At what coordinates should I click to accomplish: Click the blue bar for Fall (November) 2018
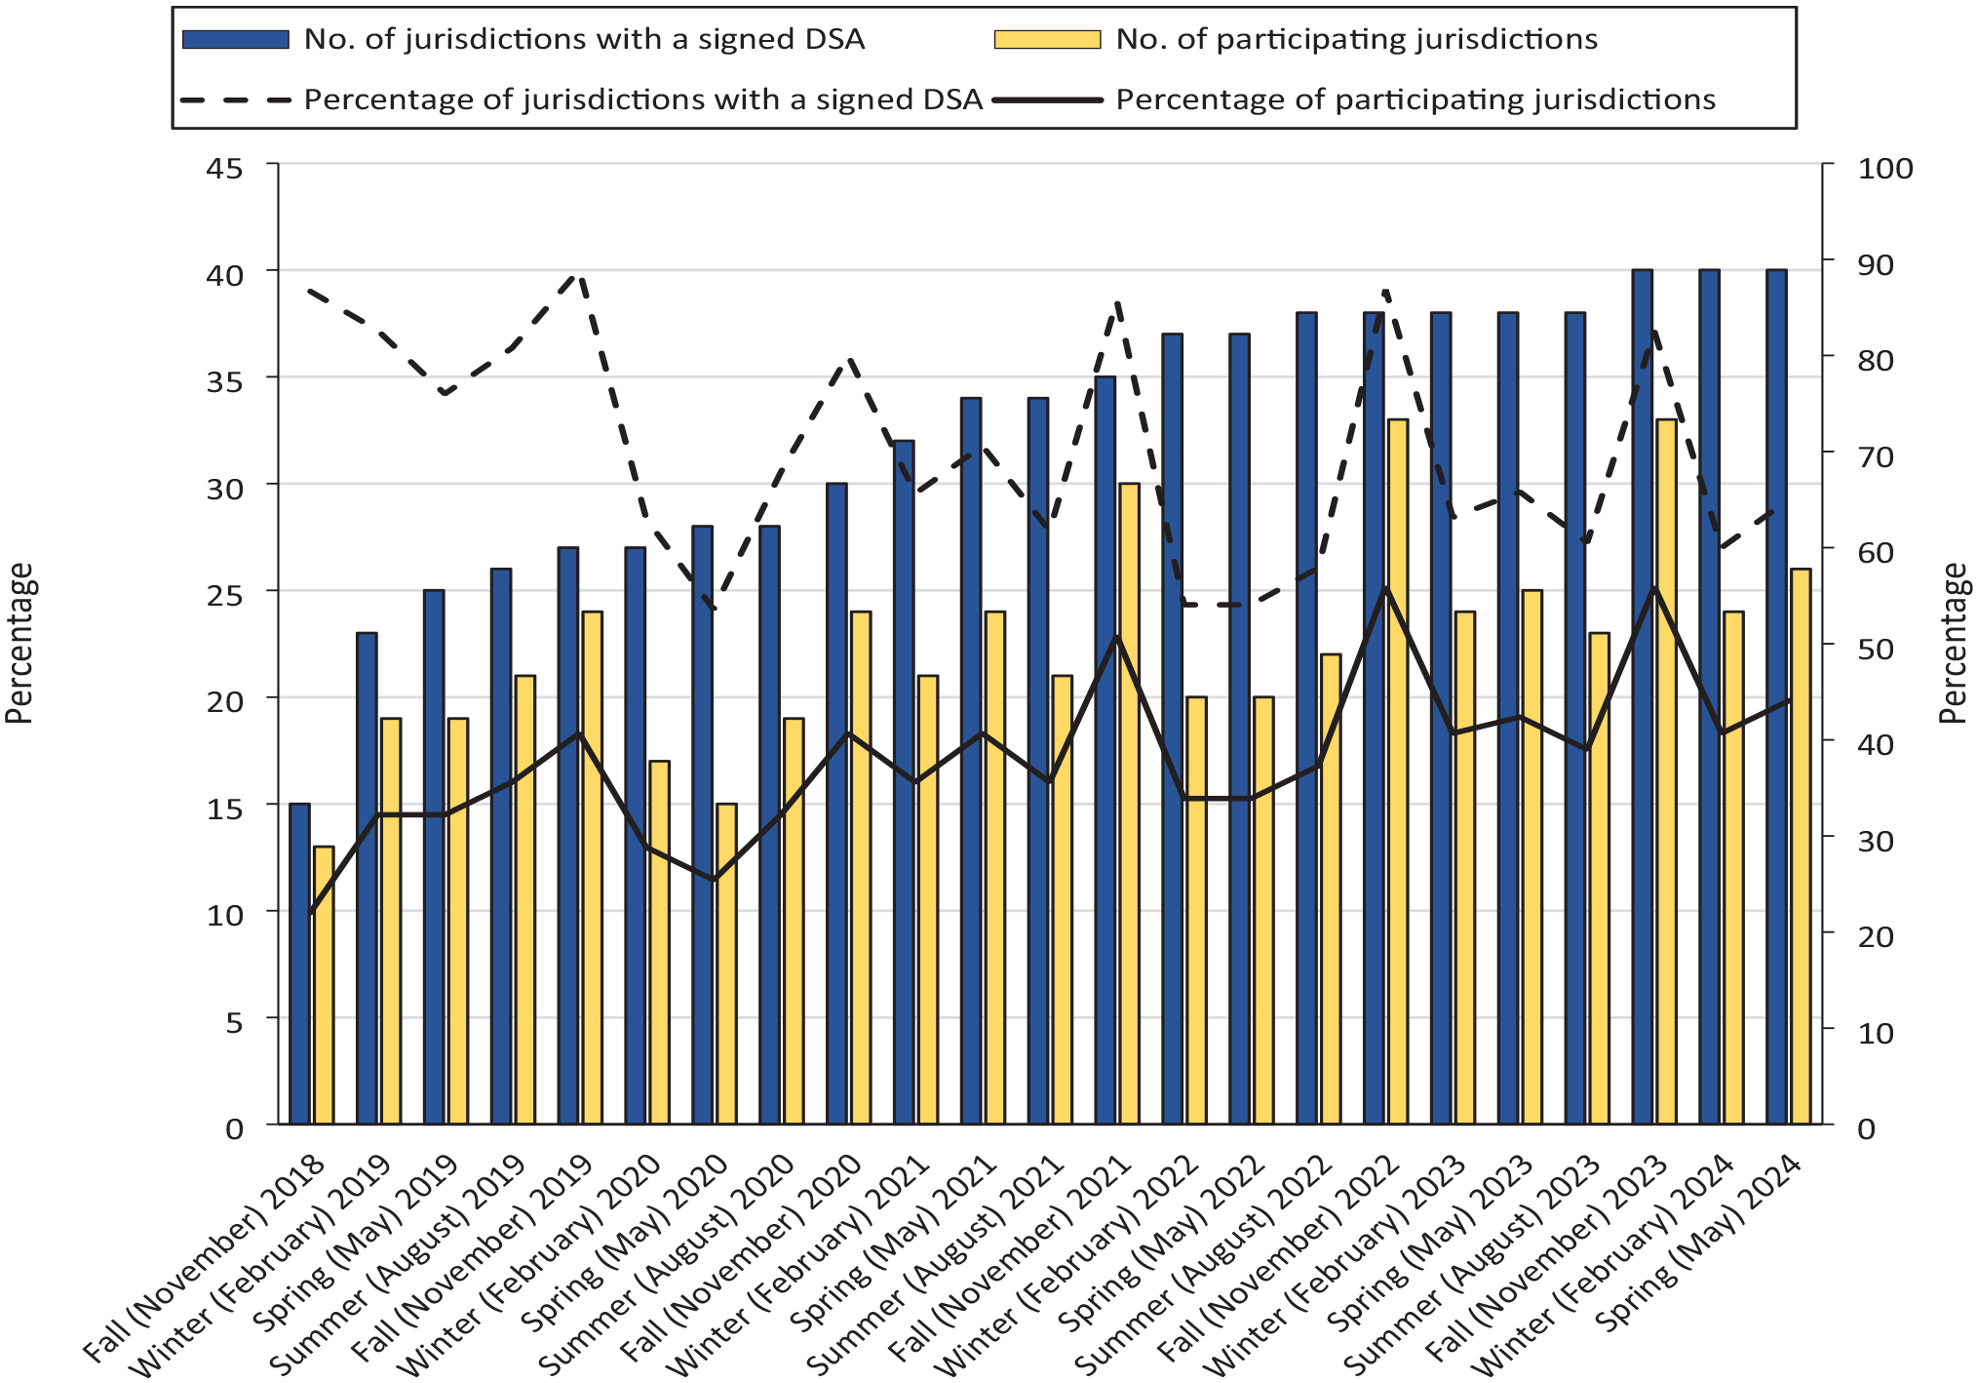pos(299,964)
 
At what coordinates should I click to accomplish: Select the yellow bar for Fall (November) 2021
pos(1129,804)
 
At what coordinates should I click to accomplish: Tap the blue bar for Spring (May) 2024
pos(1776,696)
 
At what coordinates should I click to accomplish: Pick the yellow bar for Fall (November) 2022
pos(1398,771)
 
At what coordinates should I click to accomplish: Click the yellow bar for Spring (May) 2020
pos(726,964)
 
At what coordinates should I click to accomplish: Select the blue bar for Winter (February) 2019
pos(367,879)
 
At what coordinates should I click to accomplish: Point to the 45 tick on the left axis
pos(225,168)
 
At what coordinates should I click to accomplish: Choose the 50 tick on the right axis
pos(1876,648)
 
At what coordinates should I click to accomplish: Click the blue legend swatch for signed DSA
pos(236,39)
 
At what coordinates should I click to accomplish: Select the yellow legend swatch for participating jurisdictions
pos(1047,39)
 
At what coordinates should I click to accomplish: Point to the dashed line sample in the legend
pos(236,99)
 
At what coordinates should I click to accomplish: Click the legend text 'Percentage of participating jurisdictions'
pos(1416,99)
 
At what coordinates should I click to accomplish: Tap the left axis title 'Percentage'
pos(19,644)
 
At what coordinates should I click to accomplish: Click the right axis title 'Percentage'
pos(1954,644)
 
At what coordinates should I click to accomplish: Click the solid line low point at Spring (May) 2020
pos(715,880)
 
